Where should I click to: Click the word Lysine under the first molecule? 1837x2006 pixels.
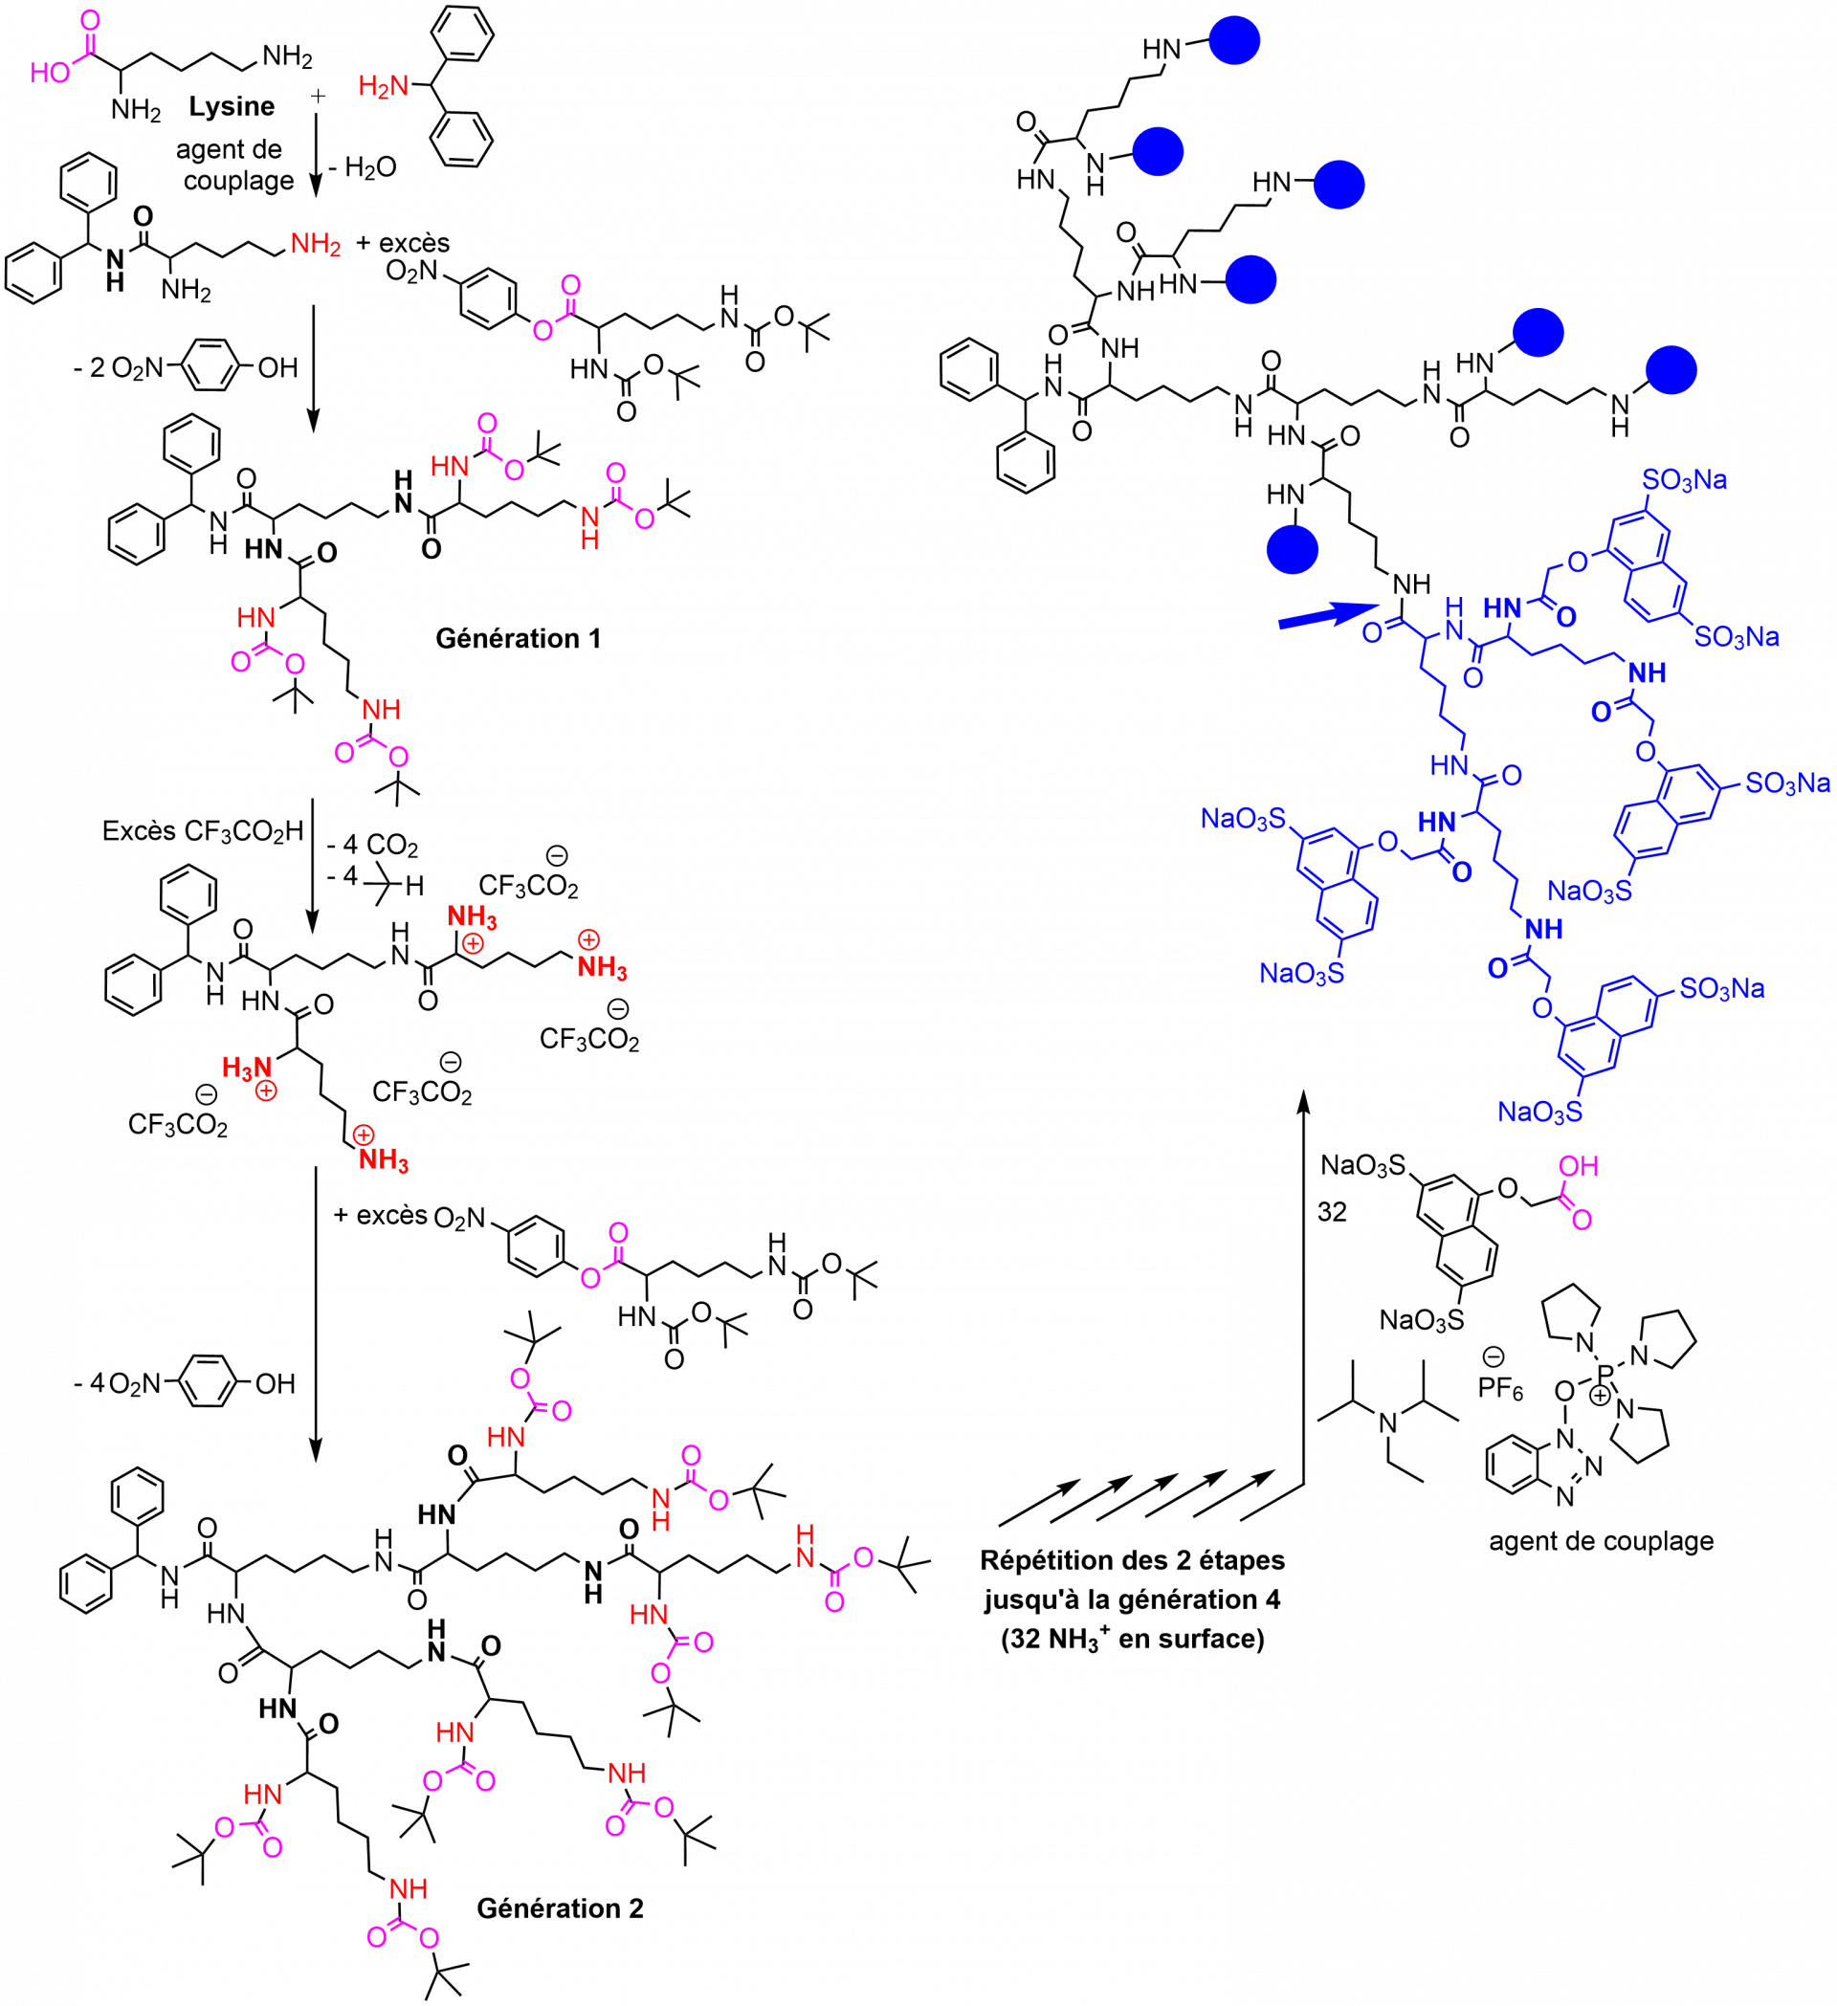click(234, 107)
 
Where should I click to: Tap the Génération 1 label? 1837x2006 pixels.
click(518, 639)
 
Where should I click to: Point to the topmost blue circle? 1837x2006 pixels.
click(1234, 41)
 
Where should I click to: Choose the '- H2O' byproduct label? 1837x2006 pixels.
click(365, 169)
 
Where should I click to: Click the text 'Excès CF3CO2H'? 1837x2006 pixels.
click(198, 832)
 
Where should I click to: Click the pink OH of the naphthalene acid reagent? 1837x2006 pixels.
click(1579, 1165)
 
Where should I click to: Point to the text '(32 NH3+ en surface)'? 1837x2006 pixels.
click(1133, 1638)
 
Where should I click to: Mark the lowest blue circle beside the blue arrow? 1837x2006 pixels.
click(1292, 548)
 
